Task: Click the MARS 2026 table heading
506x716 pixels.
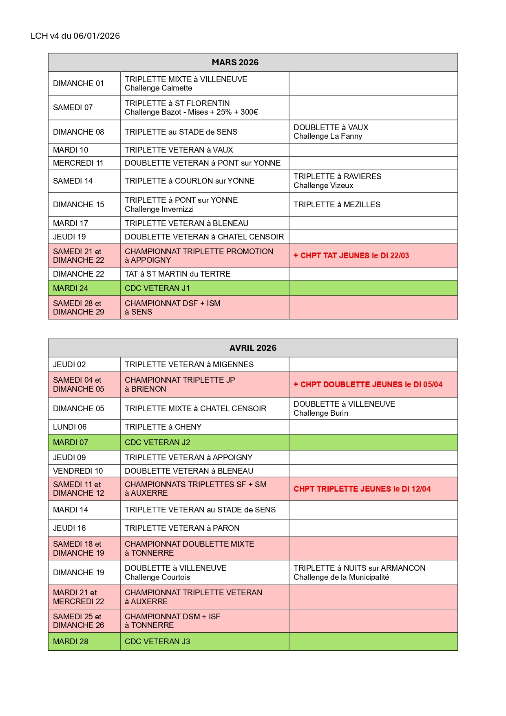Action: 235,62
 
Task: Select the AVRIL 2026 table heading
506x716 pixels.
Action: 252,348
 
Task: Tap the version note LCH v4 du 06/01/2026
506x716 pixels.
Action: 75,36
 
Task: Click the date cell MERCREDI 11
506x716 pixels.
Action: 78,163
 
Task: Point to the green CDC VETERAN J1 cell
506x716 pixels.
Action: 157,288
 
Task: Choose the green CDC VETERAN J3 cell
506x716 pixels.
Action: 157,641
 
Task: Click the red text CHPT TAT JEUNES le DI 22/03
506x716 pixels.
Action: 351,256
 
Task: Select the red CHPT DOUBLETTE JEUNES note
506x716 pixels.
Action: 368,384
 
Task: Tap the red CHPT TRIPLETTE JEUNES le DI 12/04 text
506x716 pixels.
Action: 362,489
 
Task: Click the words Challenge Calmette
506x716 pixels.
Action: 158,88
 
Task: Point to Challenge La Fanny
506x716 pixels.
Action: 328,136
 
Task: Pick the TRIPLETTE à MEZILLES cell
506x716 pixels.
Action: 337,204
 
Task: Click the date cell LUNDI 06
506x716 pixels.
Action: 70,427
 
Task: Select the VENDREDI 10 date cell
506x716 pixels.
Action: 78,471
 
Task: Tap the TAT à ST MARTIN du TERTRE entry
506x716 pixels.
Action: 177,274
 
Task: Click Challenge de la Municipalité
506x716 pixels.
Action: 341,577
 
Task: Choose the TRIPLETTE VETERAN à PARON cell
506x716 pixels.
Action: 182,528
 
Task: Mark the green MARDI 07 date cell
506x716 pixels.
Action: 71,442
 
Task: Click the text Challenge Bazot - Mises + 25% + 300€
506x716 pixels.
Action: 191,112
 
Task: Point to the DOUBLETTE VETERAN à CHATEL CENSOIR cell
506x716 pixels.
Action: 204,237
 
